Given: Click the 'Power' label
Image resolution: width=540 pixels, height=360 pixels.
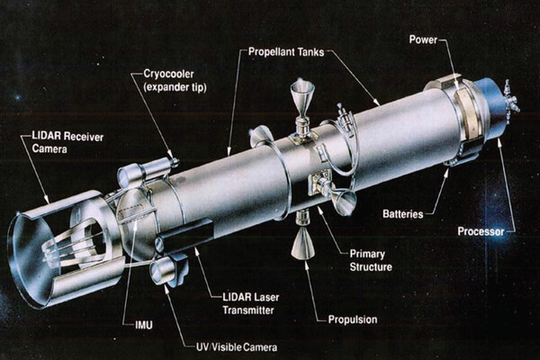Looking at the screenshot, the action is [x=423, y=40].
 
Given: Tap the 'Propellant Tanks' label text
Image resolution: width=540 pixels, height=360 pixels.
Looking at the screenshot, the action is [x=286, y=52].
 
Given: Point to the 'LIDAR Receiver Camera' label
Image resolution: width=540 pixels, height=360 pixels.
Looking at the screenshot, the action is [x=67, y=142].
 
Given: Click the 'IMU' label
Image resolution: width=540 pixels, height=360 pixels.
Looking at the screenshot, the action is [x=144, y=325].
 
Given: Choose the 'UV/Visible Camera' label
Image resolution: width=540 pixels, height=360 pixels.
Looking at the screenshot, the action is [x=237, y=346].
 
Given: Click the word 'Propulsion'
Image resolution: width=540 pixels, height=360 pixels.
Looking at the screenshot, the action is [x=353, y=319].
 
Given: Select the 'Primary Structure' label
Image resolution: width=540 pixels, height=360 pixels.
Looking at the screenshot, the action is [x=371, y=260].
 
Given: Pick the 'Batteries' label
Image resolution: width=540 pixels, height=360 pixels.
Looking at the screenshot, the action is [x=403, y=214].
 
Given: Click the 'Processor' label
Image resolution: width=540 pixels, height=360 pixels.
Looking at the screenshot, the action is [x=481, y=231].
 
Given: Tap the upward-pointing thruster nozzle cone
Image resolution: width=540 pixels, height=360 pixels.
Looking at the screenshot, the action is [x=302, y=95].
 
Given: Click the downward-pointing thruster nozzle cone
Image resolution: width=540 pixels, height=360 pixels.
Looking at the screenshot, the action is [x=302, y=243].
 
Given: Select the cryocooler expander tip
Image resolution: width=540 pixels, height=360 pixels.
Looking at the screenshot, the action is [x=174, y=161].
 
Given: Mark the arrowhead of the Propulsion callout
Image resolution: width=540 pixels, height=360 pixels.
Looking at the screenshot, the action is [x=306, y=265].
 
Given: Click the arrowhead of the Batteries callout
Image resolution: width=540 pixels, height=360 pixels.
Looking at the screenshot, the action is [x=446, y=172].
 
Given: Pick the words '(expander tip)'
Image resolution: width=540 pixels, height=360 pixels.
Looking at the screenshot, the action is [x=175, y=86].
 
